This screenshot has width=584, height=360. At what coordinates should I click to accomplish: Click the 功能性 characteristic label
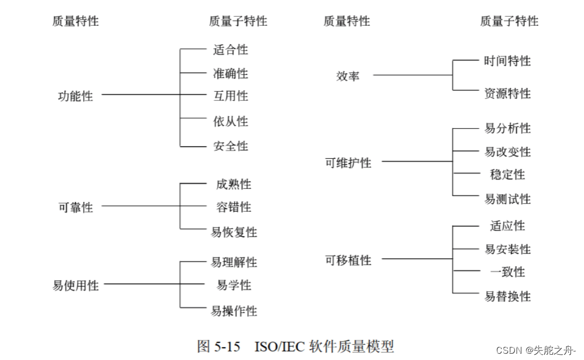click(75, 96)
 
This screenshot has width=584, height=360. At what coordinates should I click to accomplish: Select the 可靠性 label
click(75, 207)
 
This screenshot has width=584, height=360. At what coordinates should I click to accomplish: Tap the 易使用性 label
click(75, 285)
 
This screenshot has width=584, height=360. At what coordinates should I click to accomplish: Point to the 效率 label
click(348, 76)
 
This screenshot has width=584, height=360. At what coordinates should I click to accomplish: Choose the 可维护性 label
click(348, 163)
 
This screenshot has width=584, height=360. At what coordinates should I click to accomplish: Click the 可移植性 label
click(348, 260)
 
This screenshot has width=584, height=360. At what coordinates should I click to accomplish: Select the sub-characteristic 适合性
click(230, 50)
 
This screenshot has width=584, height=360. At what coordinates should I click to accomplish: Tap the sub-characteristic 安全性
click(230, 146)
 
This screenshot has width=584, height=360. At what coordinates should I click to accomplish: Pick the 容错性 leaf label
click(233, 207)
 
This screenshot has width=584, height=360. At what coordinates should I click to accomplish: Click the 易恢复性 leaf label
click(234, 232)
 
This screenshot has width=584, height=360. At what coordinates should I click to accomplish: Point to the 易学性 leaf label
click(234, 285)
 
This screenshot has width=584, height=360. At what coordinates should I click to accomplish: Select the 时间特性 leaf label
click(507, 61)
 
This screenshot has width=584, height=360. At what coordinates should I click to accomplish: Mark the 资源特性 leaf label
click(507, 94)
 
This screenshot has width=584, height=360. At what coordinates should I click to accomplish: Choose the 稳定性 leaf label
click(507, 174)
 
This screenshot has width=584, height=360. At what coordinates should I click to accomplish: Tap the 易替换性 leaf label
click(507, 296)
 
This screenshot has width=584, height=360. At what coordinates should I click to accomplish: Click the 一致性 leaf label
click(507, 272)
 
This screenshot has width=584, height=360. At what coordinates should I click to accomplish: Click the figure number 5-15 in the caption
click(227, 346)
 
